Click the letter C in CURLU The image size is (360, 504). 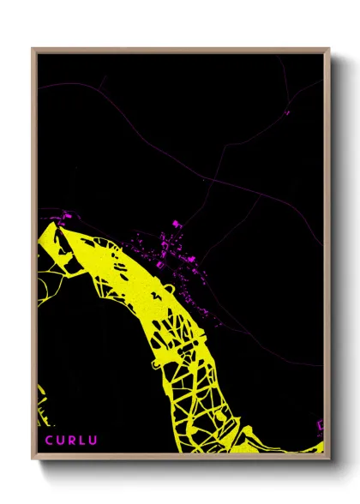[x=50, y=441]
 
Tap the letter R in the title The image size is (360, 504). [x=72, y=441]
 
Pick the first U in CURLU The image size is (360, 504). [x=61, y=441]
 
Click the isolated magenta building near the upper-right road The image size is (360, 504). [x=287, y=111]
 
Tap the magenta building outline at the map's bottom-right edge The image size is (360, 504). [x=321, y=425]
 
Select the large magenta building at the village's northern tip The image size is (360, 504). [x=177, y=224]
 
